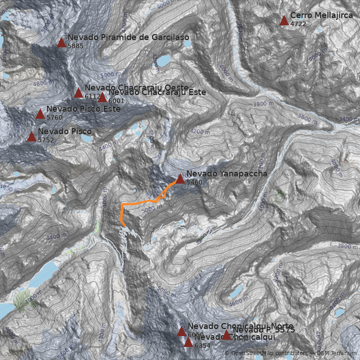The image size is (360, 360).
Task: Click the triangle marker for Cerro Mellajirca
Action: (284, 20)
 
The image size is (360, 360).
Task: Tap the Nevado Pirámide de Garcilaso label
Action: (128, 37)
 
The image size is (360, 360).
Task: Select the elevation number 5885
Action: (76, 46)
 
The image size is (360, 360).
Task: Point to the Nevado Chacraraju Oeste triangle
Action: (78, 93)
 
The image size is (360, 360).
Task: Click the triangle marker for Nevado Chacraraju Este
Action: (102, 97)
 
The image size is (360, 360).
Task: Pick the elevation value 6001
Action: (117, 101)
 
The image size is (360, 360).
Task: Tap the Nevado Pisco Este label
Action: (83, 109)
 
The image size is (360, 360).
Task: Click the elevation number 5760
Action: (54, 117)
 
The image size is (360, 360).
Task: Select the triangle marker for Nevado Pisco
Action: (31, 136)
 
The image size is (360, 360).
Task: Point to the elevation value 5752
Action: (46, 140)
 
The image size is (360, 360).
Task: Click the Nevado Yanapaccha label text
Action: (226, 174)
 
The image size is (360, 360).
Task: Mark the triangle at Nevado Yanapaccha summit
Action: (180, 179)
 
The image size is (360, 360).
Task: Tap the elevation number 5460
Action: (194, 182)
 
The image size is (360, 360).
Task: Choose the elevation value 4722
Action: (298, 24)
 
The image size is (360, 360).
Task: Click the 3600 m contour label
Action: (307, 118)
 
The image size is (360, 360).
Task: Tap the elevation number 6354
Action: (202, 346)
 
